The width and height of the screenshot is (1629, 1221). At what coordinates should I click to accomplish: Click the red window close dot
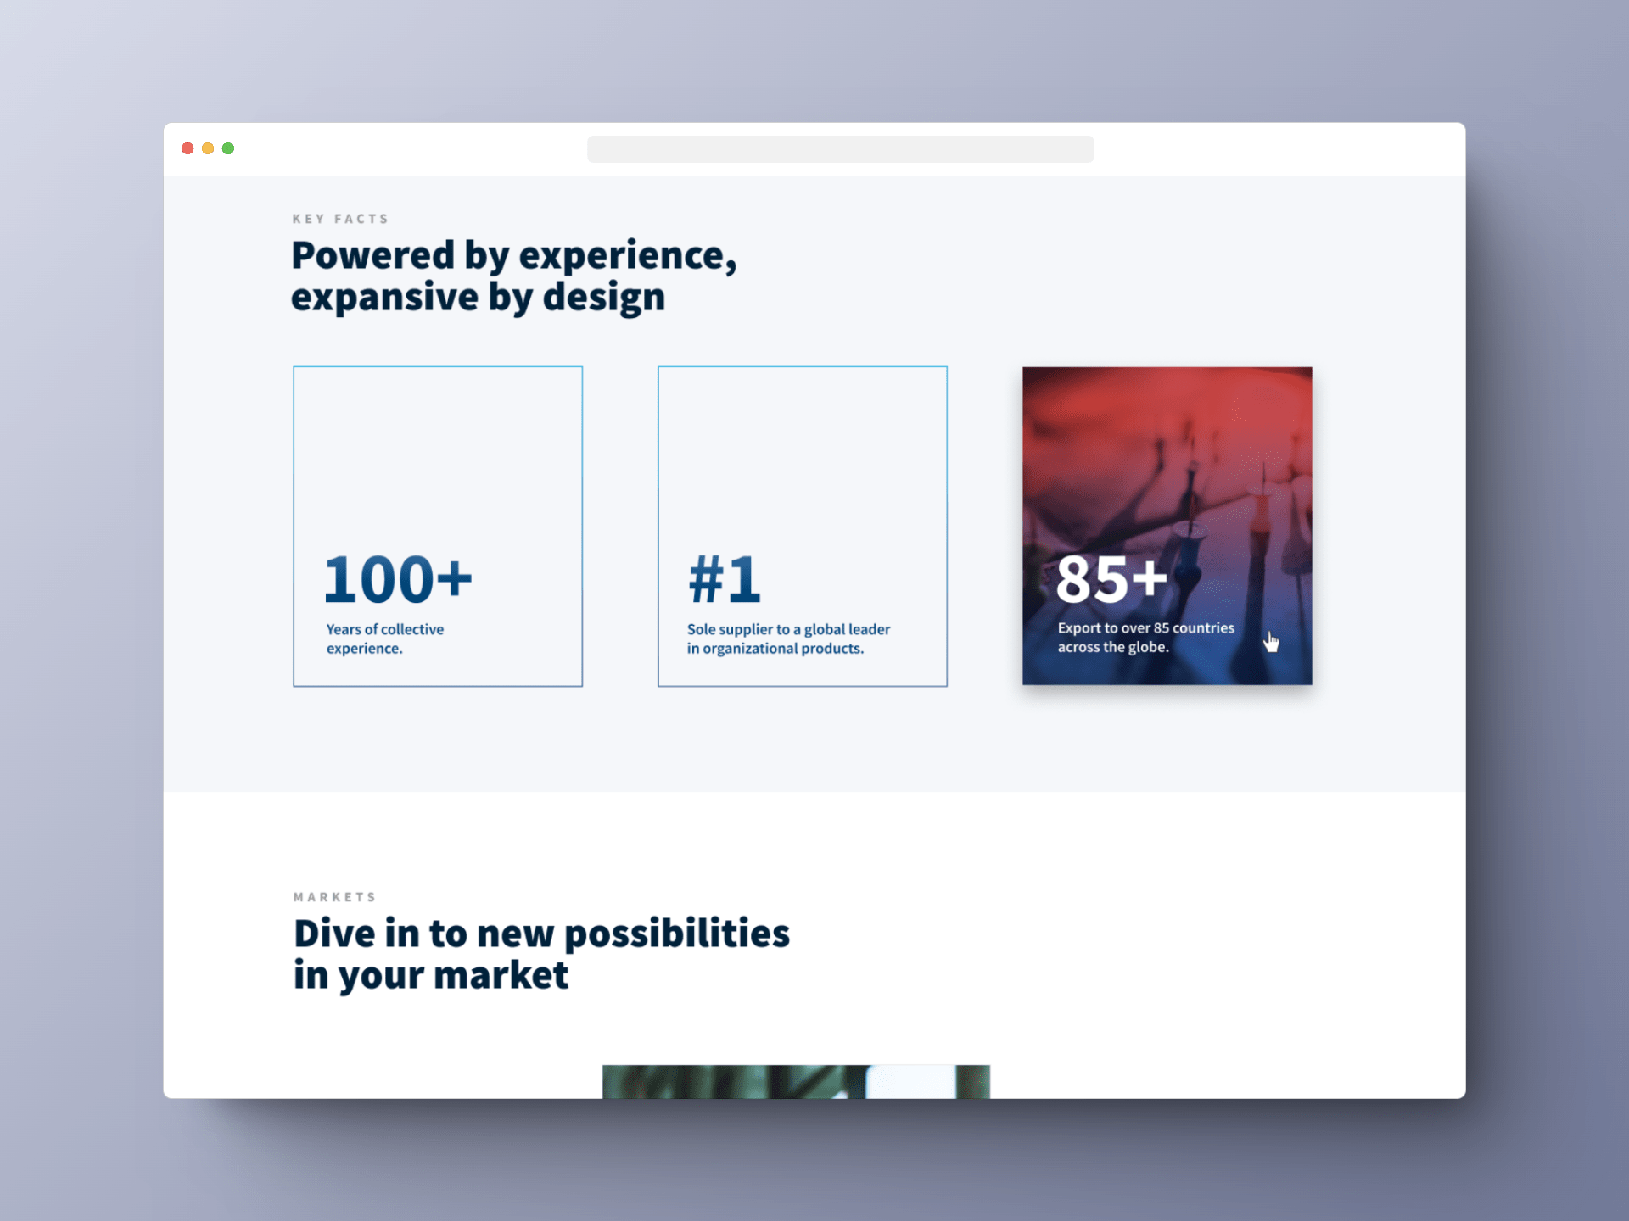pyautogui.click(x=188, y=148)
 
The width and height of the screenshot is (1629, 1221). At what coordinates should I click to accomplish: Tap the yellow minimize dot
pyautogui.click(x=208, y=148)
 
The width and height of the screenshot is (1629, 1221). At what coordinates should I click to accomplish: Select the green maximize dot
pyautogui.click(x=228, y=148)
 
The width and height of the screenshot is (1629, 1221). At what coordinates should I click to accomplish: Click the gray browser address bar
pyautogui.click(x=840, y=149)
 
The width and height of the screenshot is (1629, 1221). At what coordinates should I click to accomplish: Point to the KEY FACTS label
pyautogui.click(x=340, y=219)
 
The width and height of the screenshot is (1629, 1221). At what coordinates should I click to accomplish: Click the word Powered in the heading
pyautogui.click(x=373, y=255)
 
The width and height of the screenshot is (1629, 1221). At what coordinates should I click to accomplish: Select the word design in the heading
pyautogui.click(x=603, y=298)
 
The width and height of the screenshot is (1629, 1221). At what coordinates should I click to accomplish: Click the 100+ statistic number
pyautogui.click(x=398, y=580)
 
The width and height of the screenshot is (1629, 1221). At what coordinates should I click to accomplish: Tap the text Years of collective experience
pyautogui.click(x=385, y=638)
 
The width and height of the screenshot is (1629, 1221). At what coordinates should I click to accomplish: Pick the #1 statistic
pyautogui.click(x=725, y=580)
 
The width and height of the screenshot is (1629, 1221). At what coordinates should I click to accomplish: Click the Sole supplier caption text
pyautogui.click(x=788, y=638)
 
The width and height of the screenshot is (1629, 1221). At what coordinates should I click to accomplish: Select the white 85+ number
pyautogui.click(x=1111, y=580)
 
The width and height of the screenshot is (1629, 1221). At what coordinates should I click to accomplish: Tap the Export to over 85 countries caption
pyautogui.click(x=1145, y=638)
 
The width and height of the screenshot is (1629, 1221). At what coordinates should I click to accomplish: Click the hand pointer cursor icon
pyautogui.click(x=1270, y=642)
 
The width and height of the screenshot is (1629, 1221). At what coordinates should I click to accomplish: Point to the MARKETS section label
pyautogui.click(x=334, y=897)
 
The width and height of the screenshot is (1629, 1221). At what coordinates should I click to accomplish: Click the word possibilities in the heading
pyautogui.click(x=677, y=934)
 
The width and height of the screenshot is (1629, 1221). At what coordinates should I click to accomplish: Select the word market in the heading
pyautogui.click(x=501, y=975)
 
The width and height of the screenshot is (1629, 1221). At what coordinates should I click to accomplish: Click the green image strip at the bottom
pyautogui.click(x=796, y=1082)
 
